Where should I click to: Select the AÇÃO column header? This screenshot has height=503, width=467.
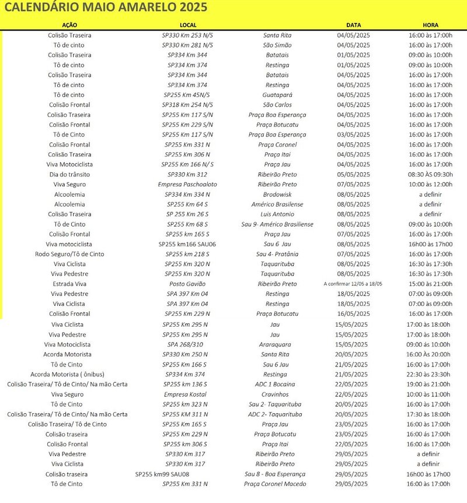69,26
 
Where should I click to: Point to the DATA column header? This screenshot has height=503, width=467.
354,26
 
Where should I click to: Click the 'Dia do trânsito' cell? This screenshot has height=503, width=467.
69,174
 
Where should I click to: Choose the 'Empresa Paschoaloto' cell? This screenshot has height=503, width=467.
187,184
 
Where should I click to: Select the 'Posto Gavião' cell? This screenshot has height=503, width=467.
187,284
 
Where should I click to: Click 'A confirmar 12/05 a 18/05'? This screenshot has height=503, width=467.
354,284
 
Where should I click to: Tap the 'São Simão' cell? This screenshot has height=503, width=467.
277,45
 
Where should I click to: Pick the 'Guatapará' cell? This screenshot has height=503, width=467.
277,95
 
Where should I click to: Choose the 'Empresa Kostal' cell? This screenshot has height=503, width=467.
187,394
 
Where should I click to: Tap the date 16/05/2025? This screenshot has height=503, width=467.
354,314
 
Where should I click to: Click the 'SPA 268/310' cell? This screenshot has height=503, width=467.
187,344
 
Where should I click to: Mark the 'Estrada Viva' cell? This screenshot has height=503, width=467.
69,284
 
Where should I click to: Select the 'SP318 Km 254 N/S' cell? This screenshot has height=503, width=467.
187,104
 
